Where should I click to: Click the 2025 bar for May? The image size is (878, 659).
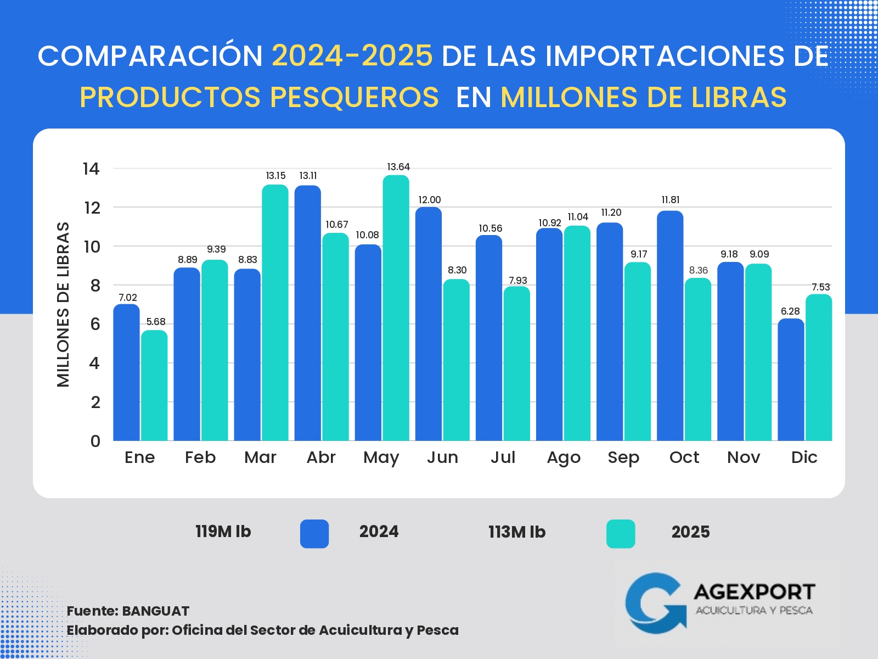click(396, 308)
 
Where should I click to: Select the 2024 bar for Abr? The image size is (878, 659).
click(308, 313)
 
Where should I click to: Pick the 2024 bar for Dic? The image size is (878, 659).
click(791, 379)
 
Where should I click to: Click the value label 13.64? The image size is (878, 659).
click(398, 167)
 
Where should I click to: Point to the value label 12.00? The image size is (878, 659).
click(429, 200)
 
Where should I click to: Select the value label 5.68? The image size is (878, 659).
click(156, 322)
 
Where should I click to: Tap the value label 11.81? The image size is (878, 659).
click(671, 200)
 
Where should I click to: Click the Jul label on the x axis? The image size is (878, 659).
click(503, 457)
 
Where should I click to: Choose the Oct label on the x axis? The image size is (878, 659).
click(684, 457)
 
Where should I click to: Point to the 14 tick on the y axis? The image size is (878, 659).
click(91, 169)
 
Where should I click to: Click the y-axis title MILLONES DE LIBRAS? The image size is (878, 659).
click(64, 305)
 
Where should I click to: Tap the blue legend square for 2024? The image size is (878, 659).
click(314, 534)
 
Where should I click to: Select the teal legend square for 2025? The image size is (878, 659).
click(621, 534)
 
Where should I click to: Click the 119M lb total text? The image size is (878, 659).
click(223, 532)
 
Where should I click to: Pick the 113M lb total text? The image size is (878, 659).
click(517, 532)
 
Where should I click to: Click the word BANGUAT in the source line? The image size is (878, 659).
click(155, 611)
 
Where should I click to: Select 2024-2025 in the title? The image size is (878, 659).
click(352, 56)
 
